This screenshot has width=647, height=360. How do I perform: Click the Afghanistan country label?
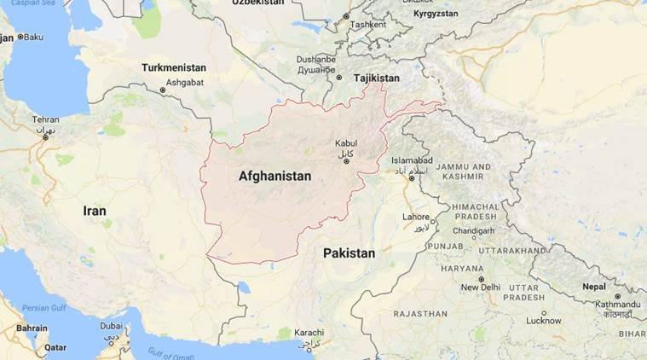point(274,177)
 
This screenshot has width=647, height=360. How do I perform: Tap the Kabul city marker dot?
point(346,161)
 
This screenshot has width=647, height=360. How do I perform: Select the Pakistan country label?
point(349,253)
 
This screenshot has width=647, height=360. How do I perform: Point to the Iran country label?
point(95,209)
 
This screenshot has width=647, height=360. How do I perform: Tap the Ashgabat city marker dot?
point(162,90)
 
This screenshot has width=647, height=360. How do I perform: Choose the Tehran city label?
point(45,119)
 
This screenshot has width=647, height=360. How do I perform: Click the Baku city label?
point(33,37)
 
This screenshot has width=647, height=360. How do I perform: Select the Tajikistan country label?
point(375,78)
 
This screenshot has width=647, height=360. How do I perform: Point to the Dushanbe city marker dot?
point(338,77)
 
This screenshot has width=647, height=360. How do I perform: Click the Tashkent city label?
point(368,24)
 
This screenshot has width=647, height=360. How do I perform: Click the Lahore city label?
point(416,217)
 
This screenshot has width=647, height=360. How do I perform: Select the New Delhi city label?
point(481,287)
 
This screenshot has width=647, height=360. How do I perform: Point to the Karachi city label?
point(309,332)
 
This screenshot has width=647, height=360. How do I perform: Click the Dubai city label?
point(111,325)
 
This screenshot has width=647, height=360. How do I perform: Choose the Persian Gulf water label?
point(36,306)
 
